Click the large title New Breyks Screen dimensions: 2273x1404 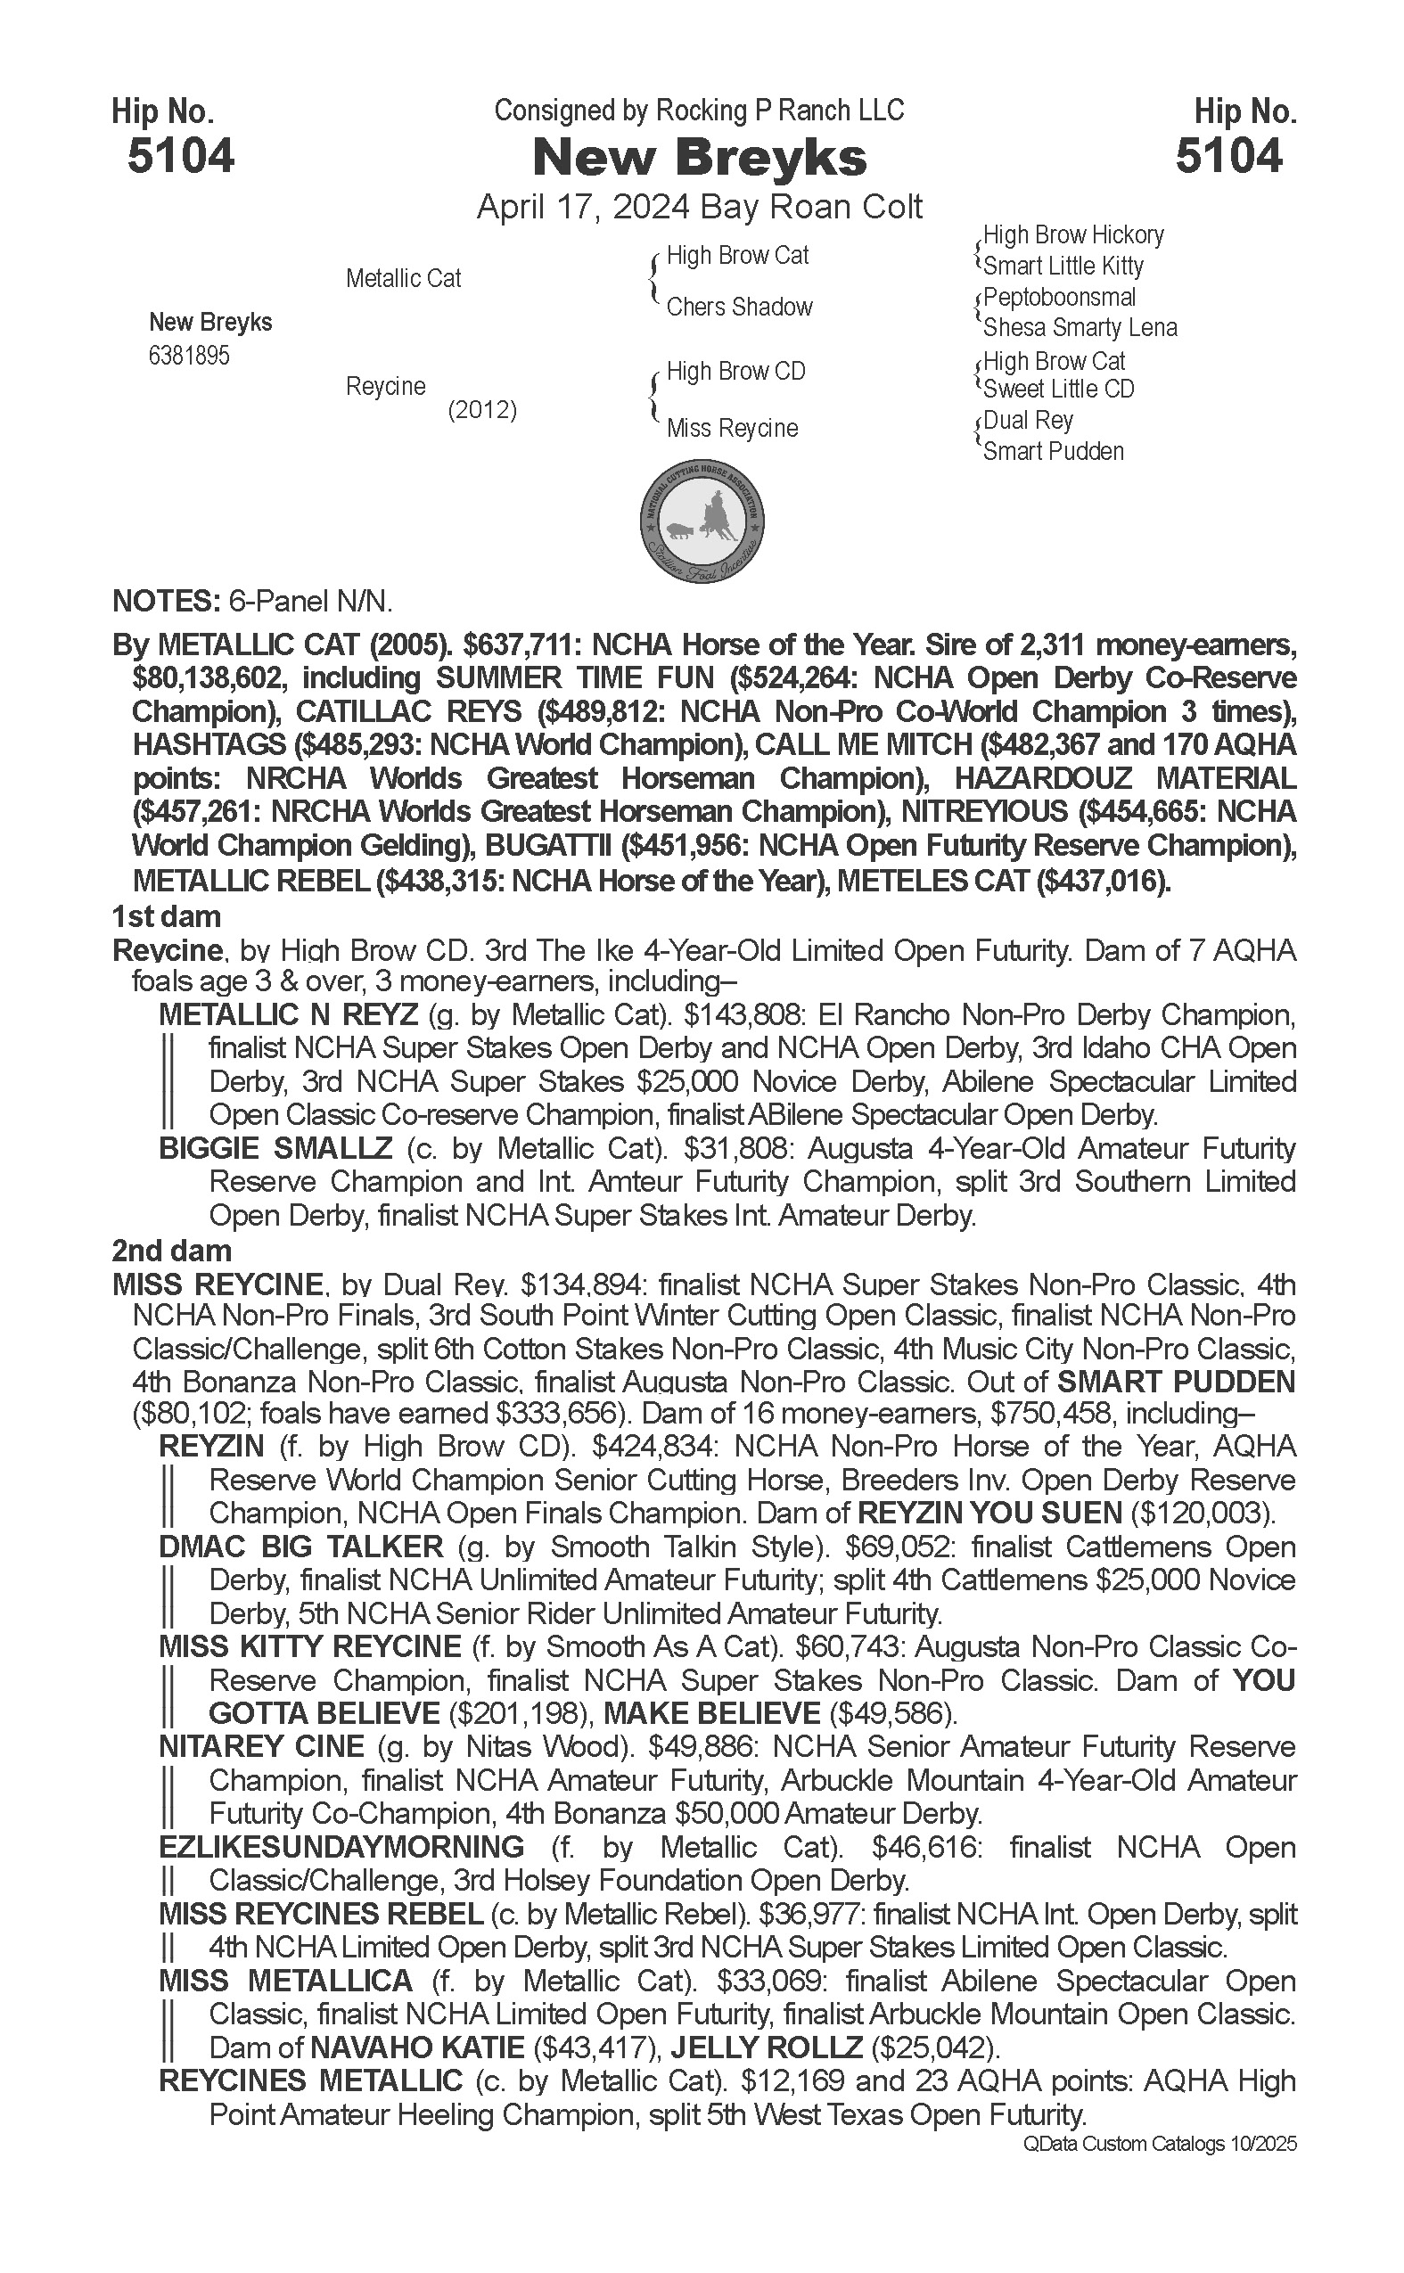[x=699, y=158]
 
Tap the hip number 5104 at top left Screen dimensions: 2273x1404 [x=181, y=155]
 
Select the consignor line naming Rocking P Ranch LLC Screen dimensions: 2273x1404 [x=698, y=111]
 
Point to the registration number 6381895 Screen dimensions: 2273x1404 [x=188, y=356]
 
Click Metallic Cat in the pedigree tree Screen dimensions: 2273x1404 [x=403, y=278]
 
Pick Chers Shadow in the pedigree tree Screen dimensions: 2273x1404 [x=739, y=308]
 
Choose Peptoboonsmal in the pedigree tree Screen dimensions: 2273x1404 [x=1060, y=298]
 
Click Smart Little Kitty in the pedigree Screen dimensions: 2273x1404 [x=1063, y=267]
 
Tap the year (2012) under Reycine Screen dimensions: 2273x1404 [x=482, y=410]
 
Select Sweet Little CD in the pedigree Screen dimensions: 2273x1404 [x=1059, y=389]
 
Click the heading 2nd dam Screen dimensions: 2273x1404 [x=171, y=1251]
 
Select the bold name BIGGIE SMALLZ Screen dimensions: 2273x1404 [x=275, y=1149]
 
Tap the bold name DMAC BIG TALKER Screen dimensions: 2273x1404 [x=301, y=1547]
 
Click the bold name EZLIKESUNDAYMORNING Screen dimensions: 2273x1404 [x=341, y=1848]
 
